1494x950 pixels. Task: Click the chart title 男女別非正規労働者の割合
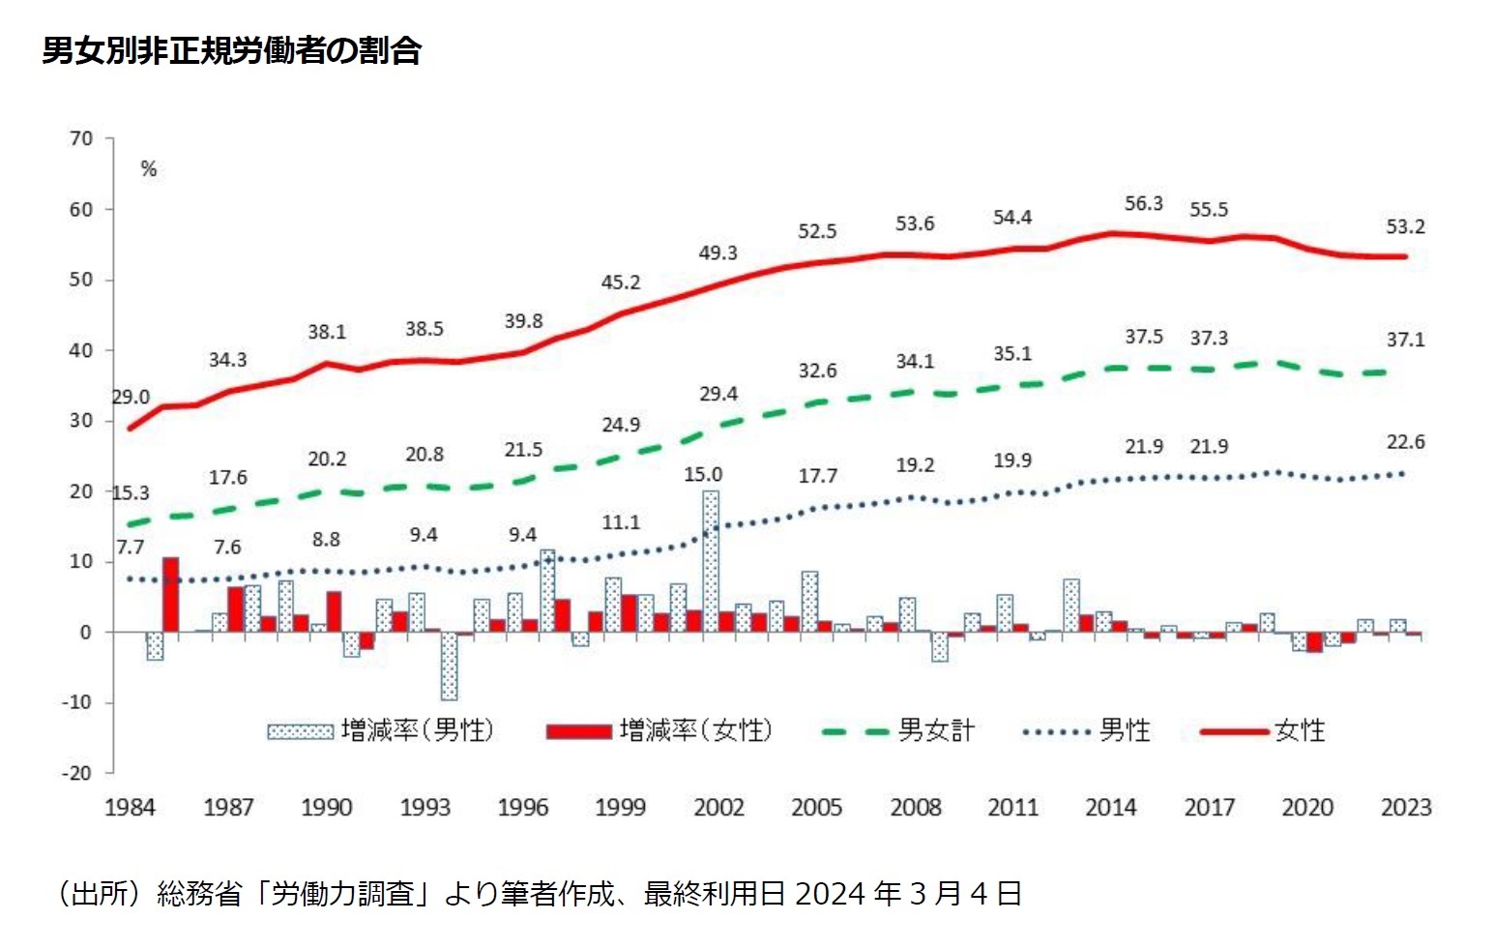pos(231,50)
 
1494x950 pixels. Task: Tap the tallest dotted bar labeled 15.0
pos(711,561)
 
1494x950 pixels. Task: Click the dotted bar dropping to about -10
pos(449,666)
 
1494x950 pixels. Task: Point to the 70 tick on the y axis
pos(81,138)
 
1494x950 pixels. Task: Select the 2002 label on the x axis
pos(718,807)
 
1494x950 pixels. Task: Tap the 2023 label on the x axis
pos(1405,807)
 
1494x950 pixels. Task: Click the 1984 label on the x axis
pos(130,807)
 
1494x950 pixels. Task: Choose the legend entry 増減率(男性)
pos(381,730)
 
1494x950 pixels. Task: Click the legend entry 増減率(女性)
pos(659,730)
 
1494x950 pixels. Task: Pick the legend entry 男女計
pos(899,730)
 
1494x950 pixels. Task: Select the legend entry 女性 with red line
pos(1264,730)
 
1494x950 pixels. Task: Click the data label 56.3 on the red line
pos(1143,203)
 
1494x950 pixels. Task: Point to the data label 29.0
pos(131,397)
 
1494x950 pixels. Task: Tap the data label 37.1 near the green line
pos(1405,340)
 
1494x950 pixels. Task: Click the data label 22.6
pos(1405,441)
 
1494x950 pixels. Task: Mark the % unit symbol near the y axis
pos(148,169)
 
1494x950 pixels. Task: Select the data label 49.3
pos(718,252)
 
